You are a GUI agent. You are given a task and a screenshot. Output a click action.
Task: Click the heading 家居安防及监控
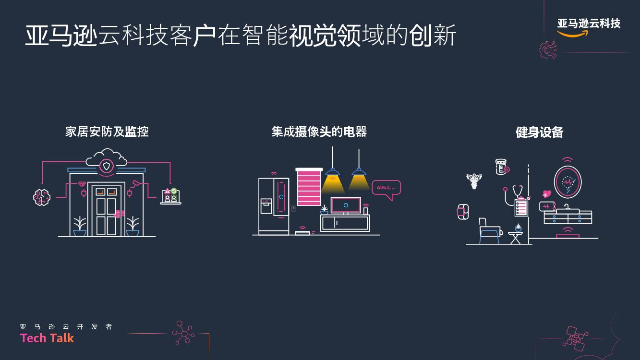pos(107,132)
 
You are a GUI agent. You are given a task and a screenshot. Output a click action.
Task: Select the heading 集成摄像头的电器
pos(319,132)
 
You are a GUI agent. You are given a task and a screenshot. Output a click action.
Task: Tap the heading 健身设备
pos(539,132)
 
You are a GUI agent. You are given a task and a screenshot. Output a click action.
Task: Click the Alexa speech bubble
pos(386,188)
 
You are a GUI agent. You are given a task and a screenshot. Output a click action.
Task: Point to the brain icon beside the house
pos(42,197)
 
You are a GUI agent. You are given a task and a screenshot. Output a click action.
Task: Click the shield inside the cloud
pos(107,166)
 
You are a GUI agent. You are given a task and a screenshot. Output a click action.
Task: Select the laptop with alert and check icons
pos(170,196)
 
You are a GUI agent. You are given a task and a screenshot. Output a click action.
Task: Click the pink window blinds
pos(309,188)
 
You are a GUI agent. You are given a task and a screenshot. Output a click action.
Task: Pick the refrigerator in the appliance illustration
pos(274,205)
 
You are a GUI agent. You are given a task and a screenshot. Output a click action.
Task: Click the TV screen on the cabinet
pos(346,205)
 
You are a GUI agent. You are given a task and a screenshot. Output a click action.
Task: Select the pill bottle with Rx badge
pos(501,167)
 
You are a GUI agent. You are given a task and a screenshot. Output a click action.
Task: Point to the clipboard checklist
pos(521,207)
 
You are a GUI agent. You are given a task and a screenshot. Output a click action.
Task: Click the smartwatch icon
pos(461,212)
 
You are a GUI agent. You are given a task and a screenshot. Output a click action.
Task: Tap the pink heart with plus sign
pos(546,194)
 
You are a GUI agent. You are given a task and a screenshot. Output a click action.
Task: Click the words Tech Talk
pos(47,338)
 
